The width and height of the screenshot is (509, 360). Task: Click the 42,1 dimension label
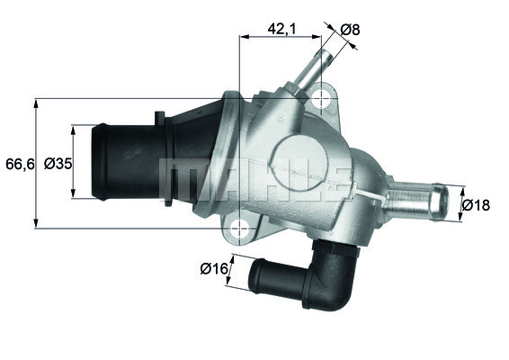click(x=281, y=29)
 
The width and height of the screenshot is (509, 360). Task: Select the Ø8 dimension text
click(x=350, y=29)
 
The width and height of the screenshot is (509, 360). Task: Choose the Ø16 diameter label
click(x=212, y=267)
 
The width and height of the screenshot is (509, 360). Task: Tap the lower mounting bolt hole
click(x=240, y=229)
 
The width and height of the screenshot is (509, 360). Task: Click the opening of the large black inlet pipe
click(x=101, y=163)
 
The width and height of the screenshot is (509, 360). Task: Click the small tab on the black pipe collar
click(x=158, y=118)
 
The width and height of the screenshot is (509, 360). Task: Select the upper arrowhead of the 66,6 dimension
click(x=36, y=102)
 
